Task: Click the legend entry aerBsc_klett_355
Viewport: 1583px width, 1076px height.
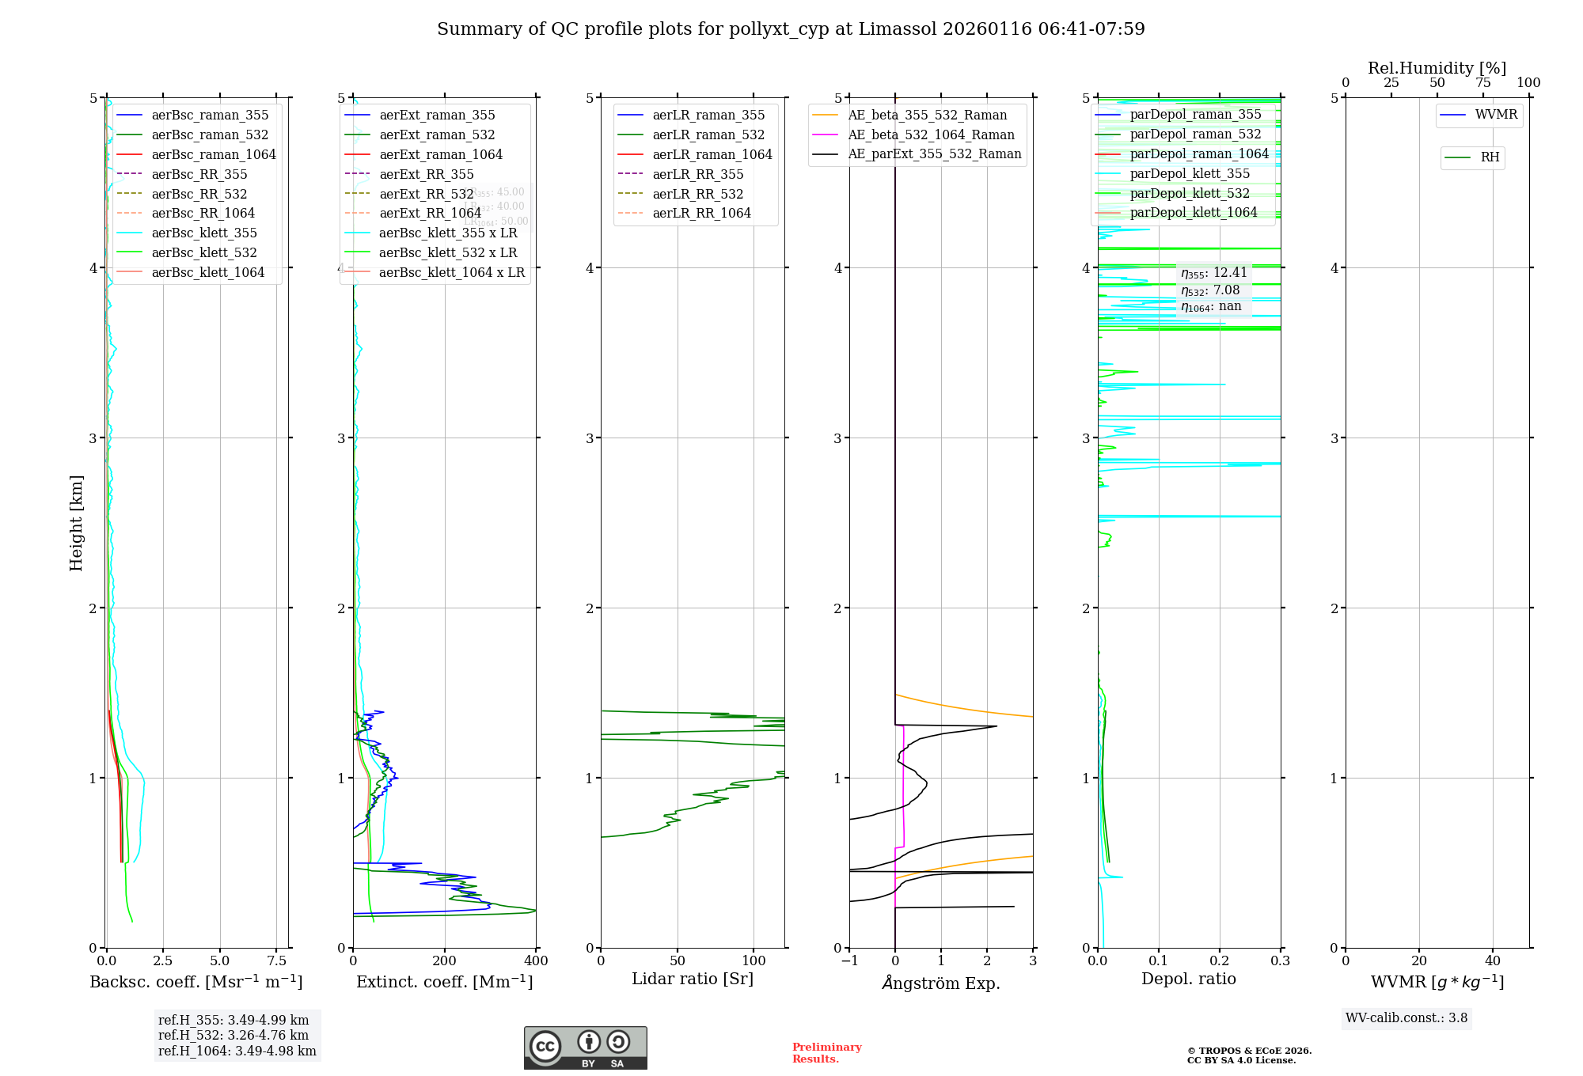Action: tap(204, 233)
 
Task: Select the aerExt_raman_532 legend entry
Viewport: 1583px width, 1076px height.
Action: tap(437, 135)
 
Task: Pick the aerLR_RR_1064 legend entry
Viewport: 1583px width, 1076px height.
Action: tap(701, 214)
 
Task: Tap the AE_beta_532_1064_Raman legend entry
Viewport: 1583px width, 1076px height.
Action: tap(931, 135)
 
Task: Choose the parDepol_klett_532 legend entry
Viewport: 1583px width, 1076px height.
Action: tap(1190, 194)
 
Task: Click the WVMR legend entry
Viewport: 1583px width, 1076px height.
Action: tap(1496, 115)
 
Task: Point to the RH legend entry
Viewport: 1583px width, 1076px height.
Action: tap(1490, 157)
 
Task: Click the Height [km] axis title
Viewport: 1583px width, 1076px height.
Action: tap(76, 523)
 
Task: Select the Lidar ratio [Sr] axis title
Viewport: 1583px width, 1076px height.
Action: tap(693, 979)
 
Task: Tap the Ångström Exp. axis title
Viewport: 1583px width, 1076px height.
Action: tap(941, 983)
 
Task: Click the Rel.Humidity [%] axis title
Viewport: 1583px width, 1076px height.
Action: tap(1437, 68)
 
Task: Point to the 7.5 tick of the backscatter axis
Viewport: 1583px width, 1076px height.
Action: tap(276, 961)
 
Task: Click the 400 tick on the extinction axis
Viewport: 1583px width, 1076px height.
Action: tap(536, 961)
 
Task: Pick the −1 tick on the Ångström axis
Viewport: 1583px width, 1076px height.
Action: tap(849, 961)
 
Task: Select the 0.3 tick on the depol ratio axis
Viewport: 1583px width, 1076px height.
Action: tap(1280, 961)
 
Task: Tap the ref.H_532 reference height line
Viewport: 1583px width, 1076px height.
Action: tap(233, 1036)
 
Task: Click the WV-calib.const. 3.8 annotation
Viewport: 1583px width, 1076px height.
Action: tap(1406, 1018)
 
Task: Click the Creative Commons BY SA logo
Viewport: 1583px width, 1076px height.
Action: tap(585, 1048)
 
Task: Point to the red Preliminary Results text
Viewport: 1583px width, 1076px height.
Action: tap(826, 1053)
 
